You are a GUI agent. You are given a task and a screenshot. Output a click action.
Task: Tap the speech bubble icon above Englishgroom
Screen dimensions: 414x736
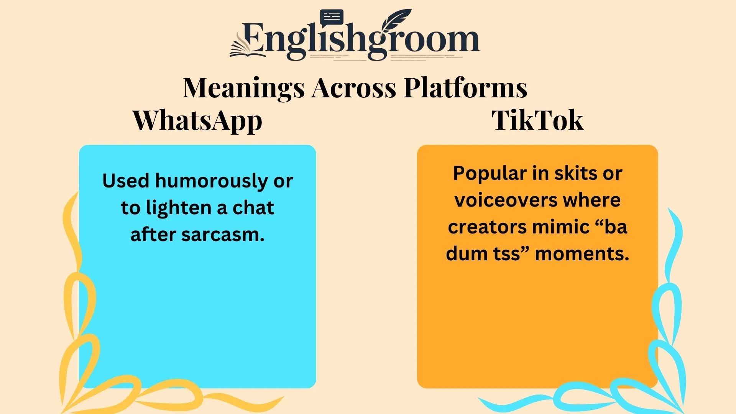click(x=331, y=18)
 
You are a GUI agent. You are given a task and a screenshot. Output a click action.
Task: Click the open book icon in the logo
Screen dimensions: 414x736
click(x=245, y=48)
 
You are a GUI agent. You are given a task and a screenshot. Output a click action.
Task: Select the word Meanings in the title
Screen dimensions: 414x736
click(x=243, y=88)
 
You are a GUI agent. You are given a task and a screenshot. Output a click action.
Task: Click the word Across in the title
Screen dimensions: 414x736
click(x=353, y=88)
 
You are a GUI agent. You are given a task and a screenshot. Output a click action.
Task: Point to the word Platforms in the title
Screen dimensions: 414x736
click(x=465, y=88)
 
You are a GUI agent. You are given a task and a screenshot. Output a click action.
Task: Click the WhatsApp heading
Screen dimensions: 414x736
click(x=197, y=121)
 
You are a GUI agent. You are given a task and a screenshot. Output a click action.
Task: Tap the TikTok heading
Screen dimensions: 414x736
click(x=537, y=121)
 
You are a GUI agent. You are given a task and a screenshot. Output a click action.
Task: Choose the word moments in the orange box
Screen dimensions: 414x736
click(x=582, y=254)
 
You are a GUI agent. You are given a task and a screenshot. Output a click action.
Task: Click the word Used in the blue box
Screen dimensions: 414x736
click(x=125, y=181)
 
